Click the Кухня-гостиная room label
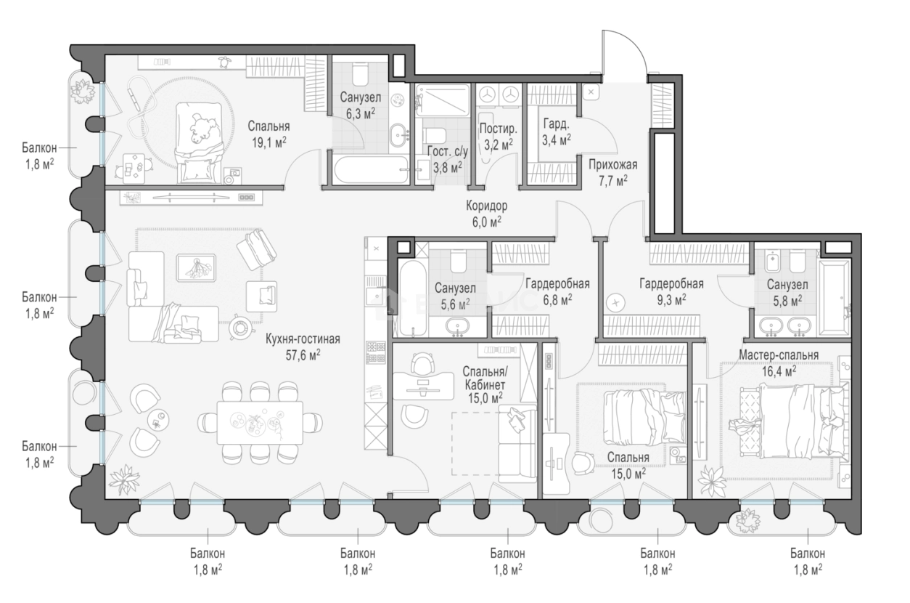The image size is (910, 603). pyautogui.click(x=303, y=339)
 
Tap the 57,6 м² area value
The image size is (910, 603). pyautogui.click(x=303, y=355)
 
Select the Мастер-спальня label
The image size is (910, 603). pyautogui.click(x=779, y=355)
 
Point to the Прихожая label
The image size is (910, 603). pyautogui.click(x=613, y=165)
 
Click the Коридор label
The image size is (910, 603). pyautogui.click(x=487, y=206)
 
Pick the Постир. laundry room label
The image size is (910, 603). pyautogui.click(x=499, y=129)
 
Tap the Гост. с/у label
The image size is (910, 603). pyautogui.click(x=447, y=152)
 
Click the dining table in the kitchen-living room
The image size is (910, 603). pyautogui.click(x=260, y=423)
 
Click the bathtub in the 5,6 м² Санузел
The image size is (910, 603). pyautogui.click(x=413, y=299)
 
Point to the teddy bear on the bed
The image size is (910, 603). pyautogui.click(x=205, y=129)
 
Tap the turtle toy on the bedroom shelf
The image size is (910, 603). pyautogui.click(x=224, y=62)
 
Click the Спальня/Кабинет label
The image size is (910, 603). pyautogui.click(x=485, y=378)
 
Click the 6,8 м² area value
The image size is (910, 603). pyautogui.click(x=557, y=300)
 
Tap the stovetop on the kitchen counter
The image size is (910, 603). pyautogui.click(x=376, y=352)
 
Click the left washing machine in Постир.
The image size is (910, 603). pyautogui.click(x=486, y=94)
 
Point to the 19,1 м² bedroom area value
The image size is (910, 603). pyautogui.click(x=269, y=143)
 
